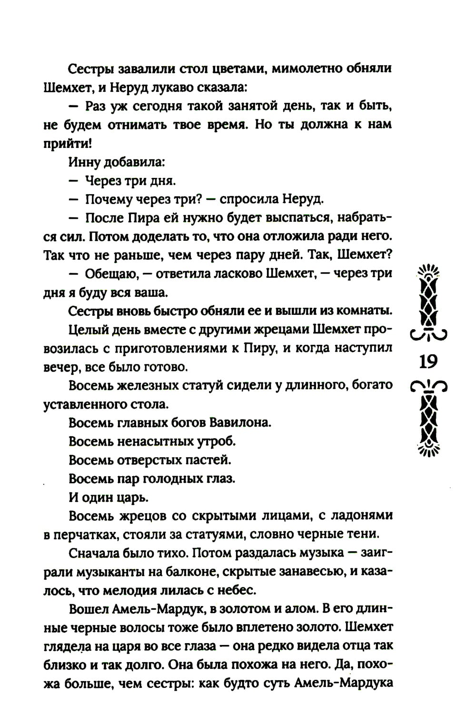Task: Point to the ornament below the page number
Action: [x=428, y=419]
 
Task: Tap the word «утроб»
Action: [x=217, y=442]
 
